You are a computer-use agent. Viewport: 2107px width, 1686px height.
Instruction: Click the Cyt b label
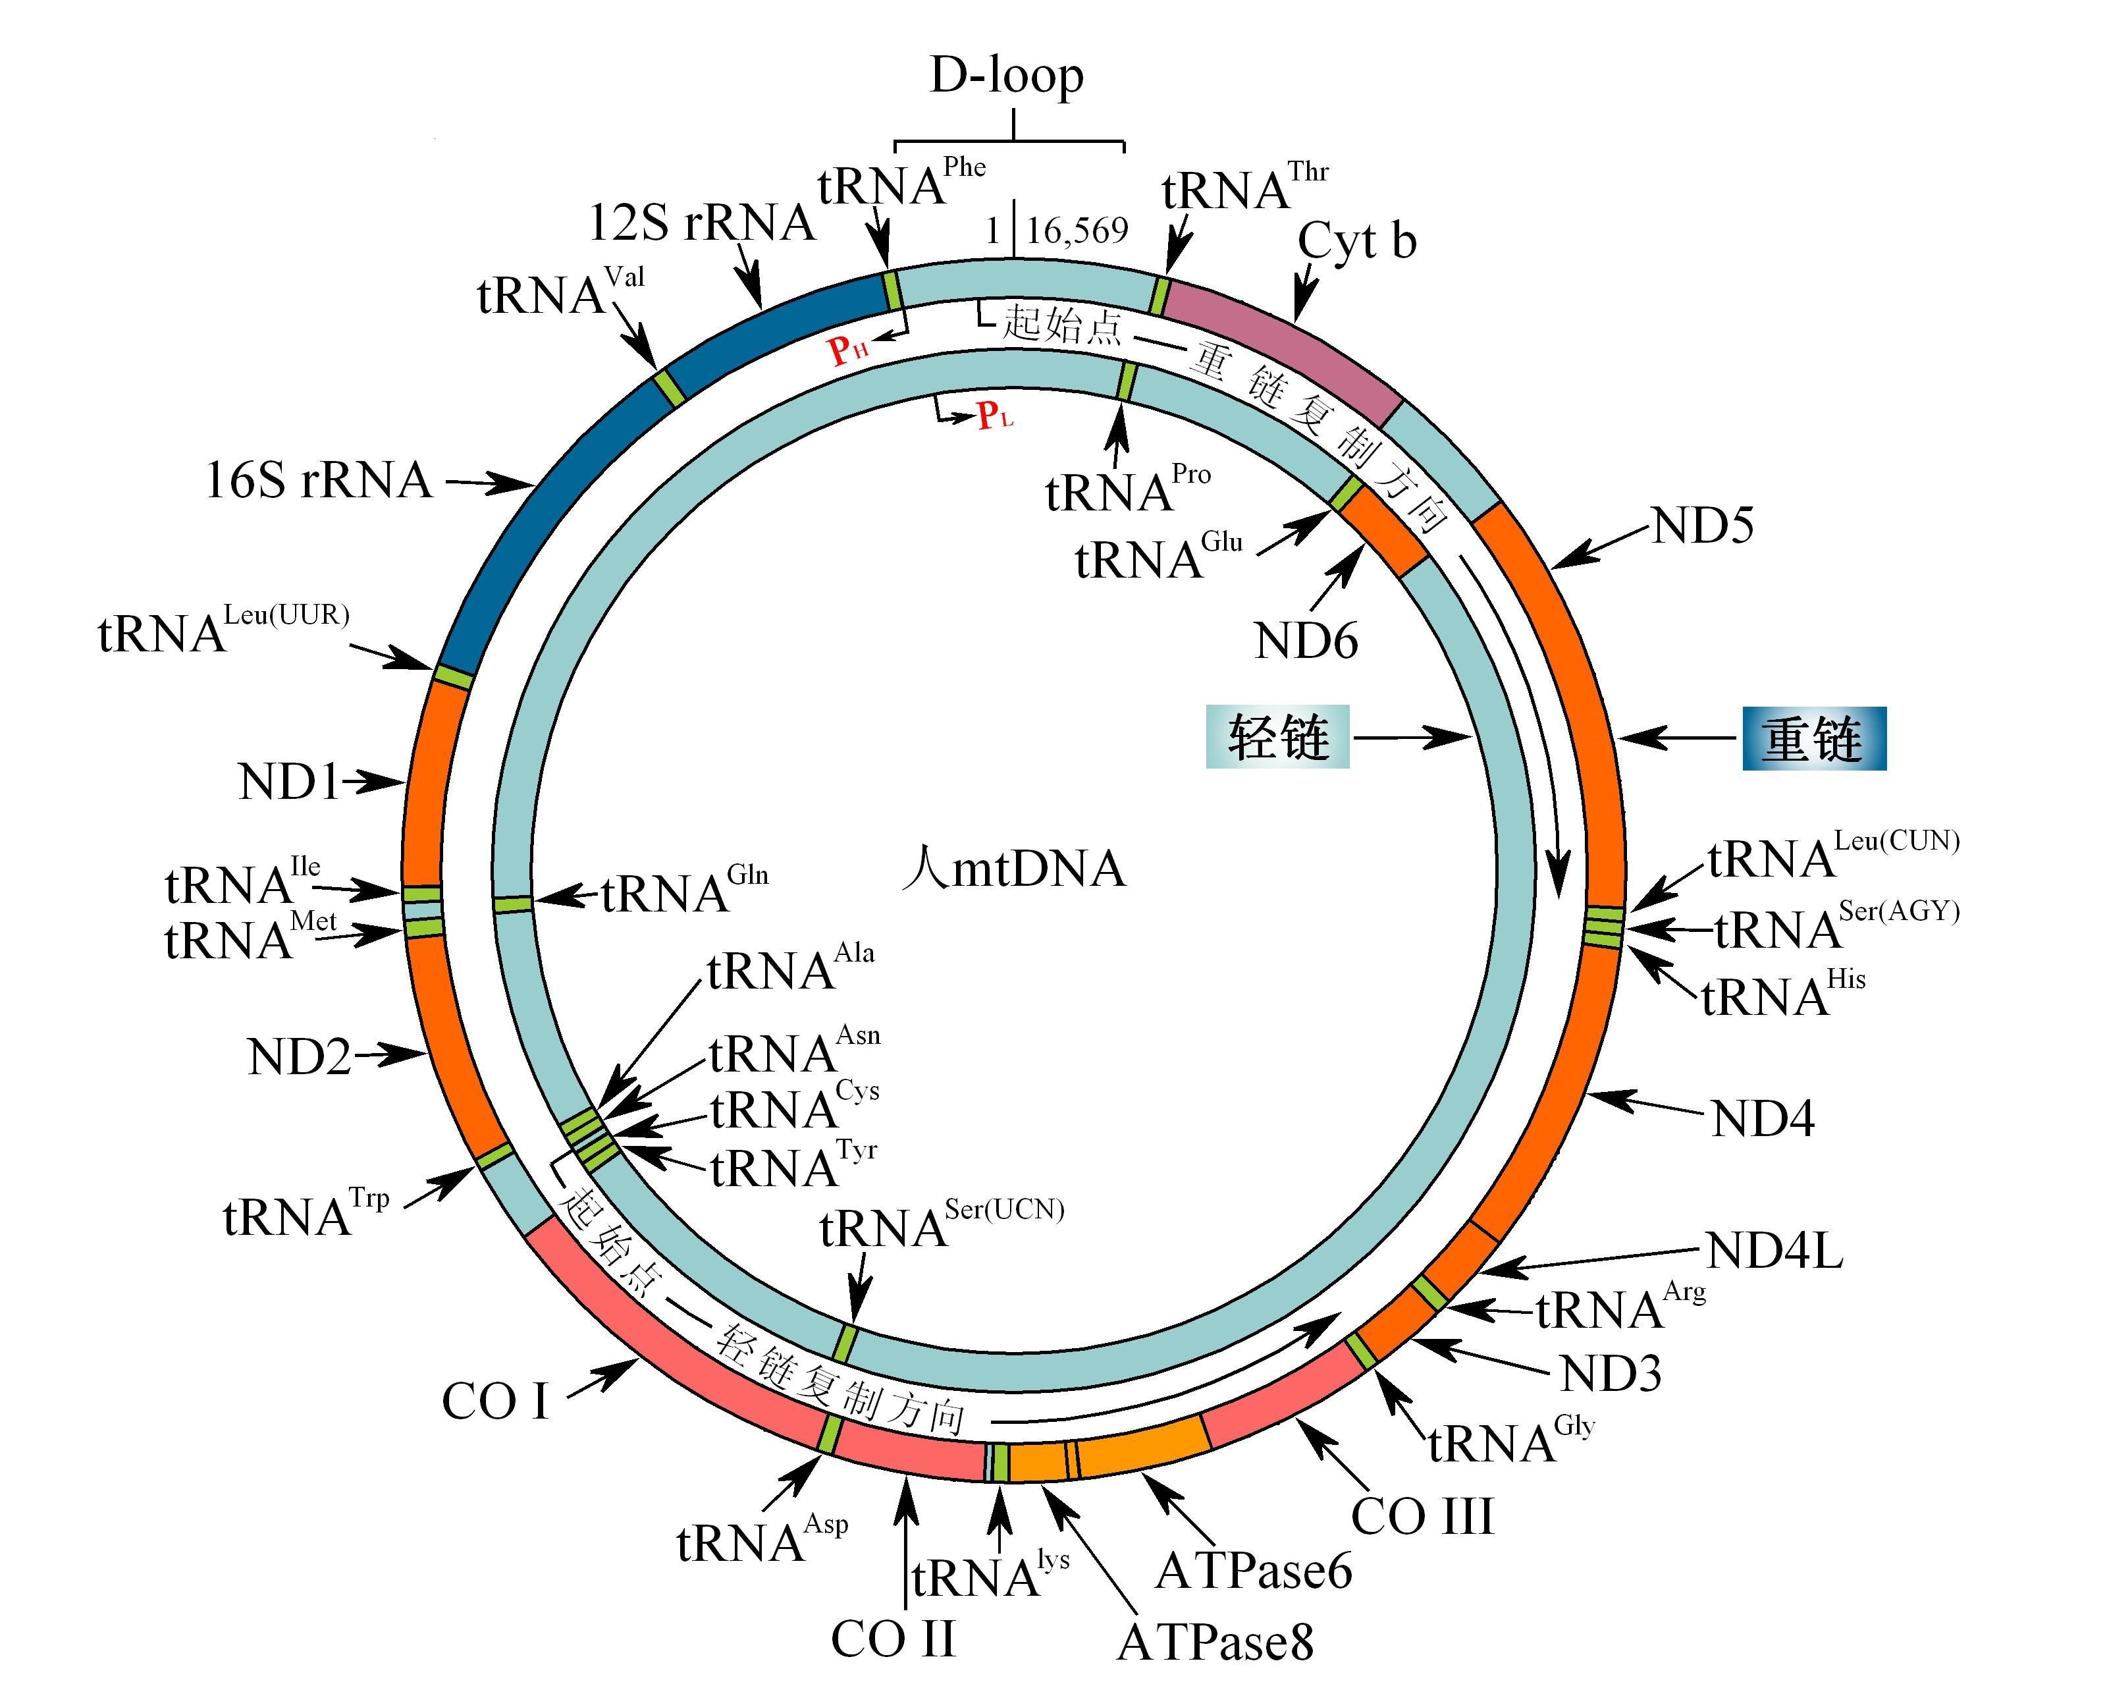point(1356,240)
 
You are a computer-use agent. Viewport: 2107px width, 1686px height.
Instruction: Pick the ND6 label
point(1306,641)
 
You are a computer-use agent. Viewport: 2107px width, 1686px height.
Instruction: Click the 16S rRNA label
point(319,481)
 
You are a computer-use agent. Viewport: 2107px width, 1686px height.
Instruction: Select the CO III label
point(1422,1517)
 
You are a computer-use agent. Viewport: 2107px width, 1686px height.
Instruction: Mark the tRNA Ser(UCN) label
point(940,1226)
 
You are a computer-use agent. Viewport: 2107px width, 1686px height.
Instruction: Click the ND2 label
point(299,1056)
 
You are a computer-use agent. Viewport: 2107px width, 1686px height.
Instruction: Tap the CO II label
point(892,1639)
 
